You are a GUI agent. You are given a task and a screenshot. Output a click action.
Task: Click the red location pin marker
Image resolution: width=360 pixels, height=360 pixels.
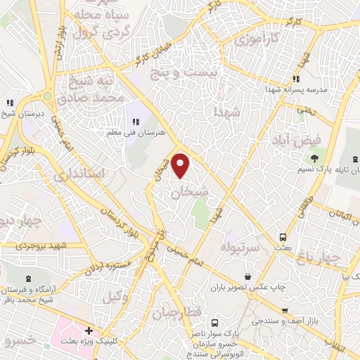coord(181,166)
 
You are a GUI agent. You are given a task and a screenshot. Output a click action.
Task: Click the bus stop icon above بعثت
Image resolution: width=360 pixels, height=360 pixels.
coord(283,237)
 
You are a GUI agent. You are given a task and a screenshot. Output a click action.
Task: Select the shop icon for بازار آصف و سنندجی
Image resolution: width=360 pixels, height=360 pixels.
coord(285,310)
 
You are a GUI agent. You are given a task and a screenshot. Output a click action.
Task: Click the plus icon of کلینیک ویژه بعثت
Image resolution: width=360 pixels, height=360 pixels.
coord(88,330)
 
